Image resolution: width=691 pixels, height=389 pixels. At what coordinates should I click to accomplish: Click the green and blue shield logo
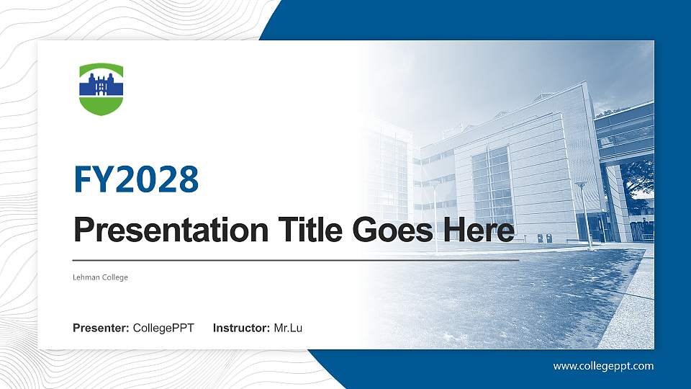point(101,89)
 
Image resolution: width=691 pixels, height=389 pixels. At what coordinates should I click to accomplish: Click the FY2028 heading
point(136,179)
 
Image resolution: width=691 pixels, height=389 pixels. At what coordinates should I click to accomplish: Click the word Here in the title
point(478,231)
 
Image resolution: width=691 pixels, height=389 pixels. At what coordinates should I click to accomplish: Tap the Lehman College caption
point(101,277)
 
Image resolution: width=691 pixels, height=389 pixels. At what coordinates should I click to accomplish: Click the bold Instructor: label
point(243,328)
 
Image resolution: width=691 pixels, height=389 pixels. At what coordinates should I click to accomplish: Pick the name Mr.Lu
point(288,328)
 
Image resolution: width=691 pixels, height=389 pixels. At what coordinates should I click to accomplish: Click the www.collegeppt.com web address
point(603,366)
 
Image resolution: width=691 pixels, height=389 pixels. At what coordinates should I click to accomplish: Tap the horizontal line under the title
point(295,260)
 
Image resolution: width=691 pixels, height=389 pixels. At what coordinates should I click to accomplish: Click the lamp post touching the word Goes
point(435,216)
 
